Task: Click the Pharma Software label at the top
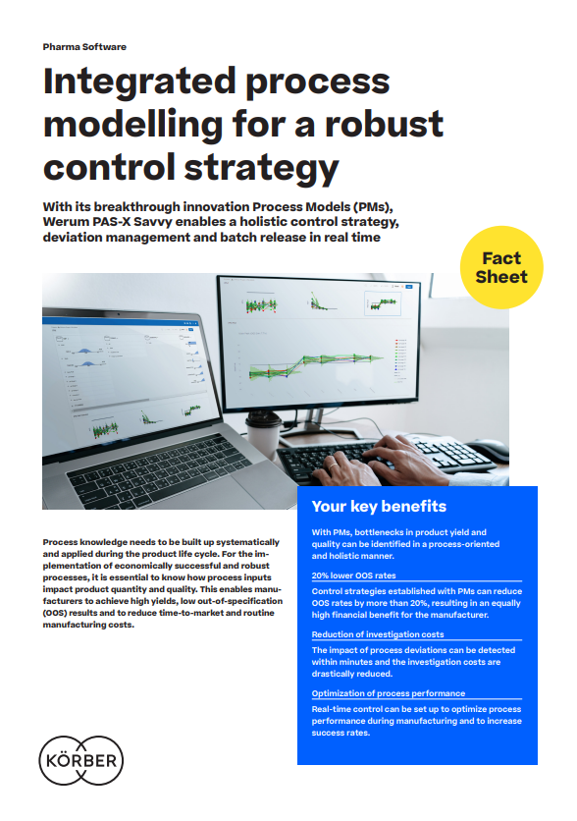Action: [x=84, y=46]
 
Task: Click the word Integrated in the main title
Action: [x=150, y=82]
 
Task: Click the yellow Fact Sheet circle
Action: [x=501, y=267]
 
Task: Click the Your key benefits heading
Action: [x=379, y=507]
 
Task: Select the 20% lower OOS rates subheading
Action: [x=353, y=575]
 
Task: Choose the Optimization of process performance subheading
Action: [x=389, y=693]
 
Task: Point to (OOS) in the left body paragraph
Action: [x=59, y=613]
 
